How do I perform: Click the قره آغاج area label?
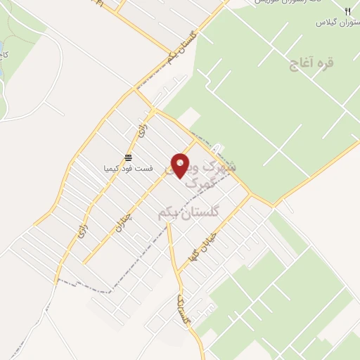[311, 63]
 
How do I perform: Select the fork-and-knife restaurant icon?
[347, 11]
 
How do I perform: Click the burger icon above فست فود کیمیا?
[128, 157]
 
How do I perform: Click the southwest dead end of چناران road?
[84, 264]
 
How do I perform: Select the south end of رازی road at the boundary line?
[57, 281]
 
